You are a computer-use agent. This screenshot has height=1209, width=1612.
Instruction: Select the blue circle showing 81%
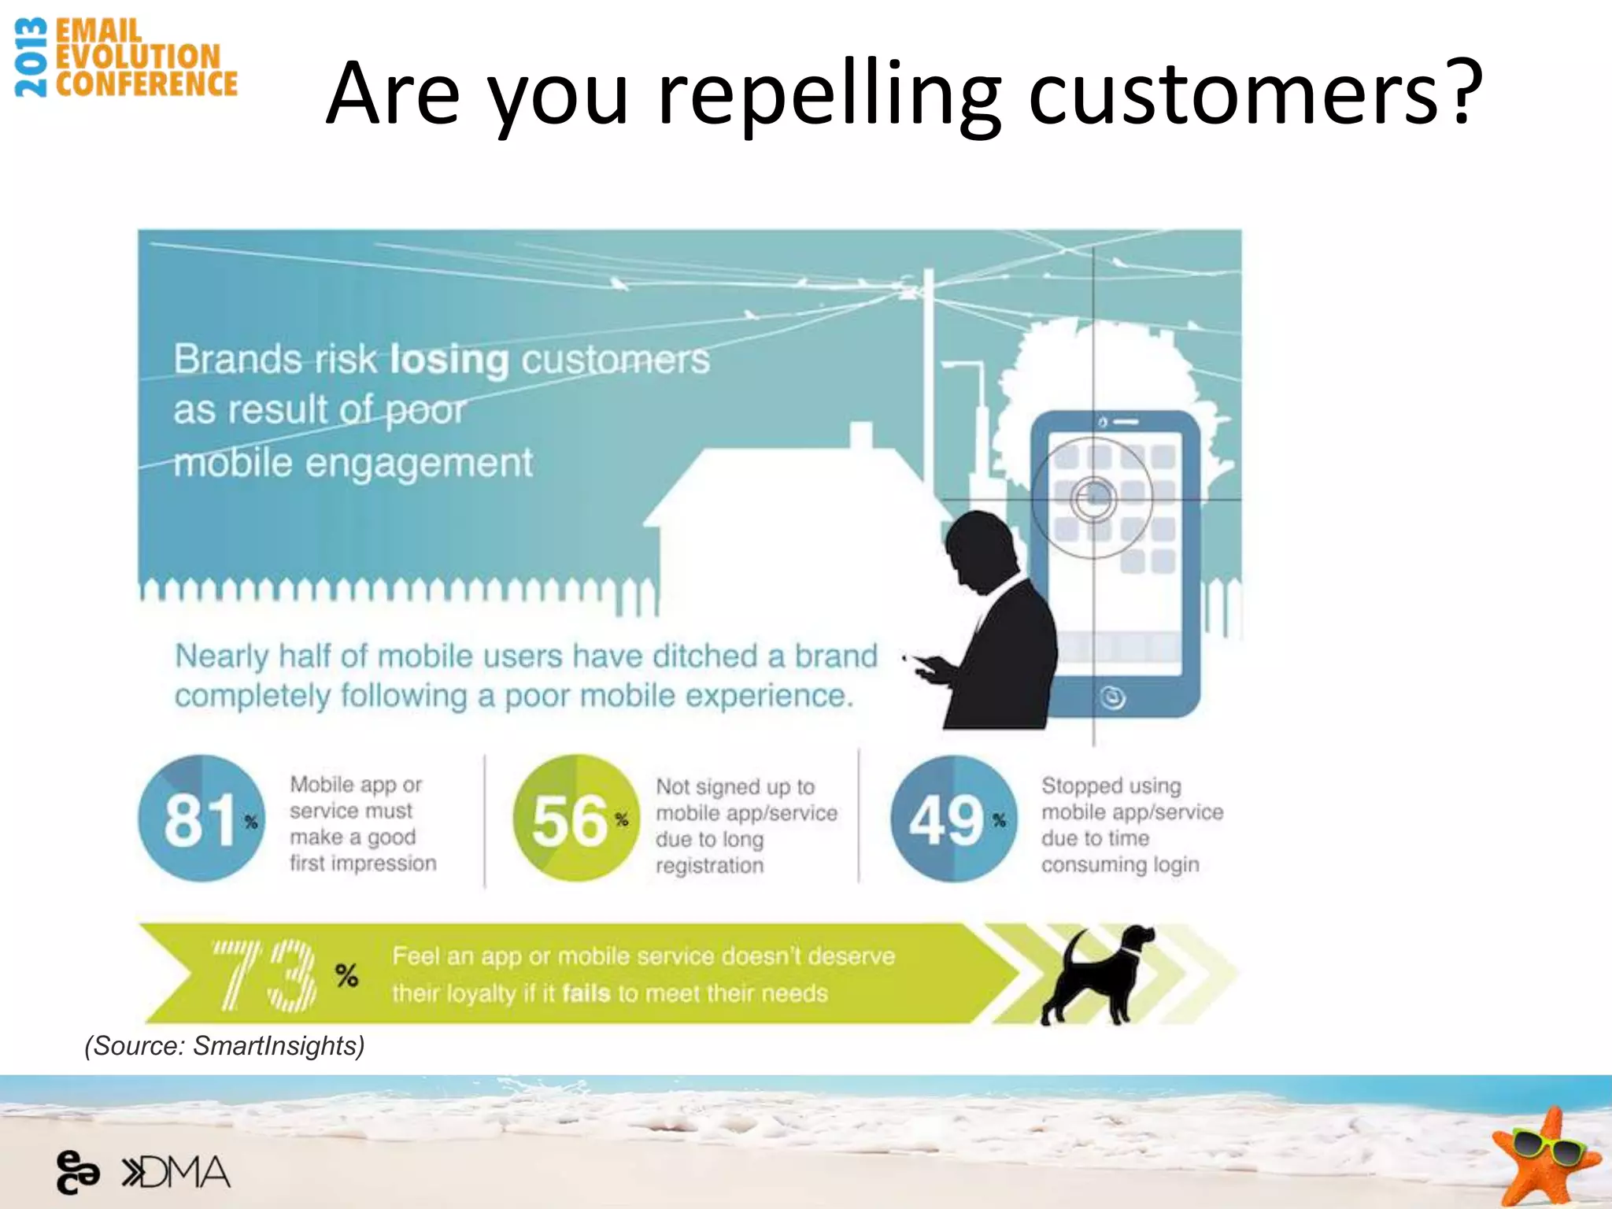[x=201, y=819]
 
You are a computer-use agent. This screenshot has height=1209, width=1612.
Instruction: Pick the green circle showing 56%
[x=575, y=819]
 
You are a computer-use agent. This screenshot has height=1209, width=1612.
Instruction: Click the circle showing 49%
[x=953, y=819]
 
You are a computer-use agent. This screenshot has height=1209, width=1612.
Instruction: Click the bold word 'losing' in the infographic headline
[x=449, y=360]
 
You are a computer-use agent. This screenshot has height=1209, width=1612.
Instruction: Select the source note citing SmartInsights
[x=224, y=1045]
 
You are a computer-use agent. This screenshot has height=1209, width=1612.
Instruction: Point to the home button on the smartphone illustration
[x=1112, y=697]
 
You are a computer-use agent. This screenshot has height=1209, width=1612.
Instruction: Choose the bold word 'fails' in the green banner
[x=586, y=993]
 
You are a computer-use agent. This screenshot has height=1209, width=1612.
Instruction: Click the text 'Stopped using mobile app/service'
[x=1131, y=798]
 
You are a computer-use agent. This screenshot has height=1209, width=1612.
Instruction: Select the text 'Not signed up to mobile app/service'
[x=745, y=800]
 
